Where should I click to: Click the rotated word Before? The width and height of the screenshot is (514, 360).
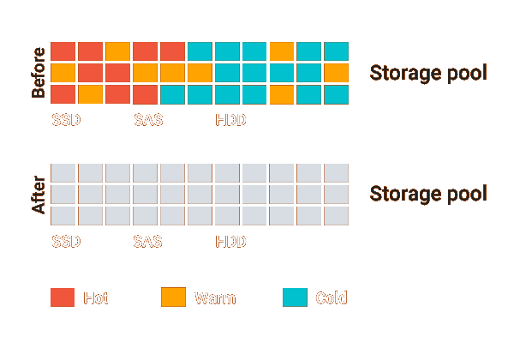click(x=38, y=73)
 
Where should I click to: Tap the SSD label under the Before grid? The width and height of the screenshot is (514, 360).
click(x=66, y=120)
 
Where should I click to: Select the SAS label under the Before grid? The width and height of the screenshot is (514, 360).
click(x=148, y=120)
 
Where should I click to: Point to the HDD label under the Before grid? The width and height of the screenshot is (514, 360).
click(x=231, y=120)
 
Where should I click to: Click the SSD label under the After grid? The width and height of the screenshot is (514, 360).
click(x=66, y=242)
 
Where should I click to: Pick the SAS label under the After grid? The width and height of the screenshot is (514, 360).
click(x=148, y=242)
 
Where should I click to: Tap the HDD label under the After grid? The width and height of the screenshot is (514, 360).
click(x=231, y=242)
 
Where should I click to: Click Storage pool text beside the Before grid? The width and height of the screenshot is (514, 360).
click(x=428, y=73)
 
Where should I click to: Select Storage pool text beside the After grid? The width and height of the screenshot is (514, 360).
click(x=428, y=194)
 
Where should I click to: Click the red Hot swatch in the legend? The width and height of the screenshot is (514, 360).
click(x=63, y=297)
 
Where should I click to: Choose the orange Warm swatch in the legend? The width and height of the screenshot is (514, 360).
click(x=173, y=297)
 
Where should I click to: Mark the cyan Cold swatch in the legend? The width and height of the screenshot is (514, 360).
click(x=295, y=297)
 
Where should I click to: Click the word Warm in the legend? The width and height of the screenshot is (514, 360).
click(x=215, y=298)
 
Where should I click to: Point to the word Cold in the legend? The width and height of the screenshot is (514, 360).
click(x=332, y=298)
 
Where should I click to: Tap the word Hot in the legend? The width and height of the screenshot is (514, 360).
click(x=96, y=298)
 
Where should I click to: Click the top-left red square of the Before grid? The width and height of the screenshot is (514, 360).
click(x=63, y=51)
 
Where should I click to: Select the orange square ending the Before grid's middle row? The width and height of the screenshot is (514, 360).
click(x=337, y=73)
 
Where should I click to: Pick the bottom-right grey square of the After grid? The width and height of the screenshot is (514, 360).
click(x=337, y=215)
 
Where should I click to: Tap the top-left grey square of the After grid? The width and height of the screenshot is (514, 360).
click(x=63, y=173)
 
